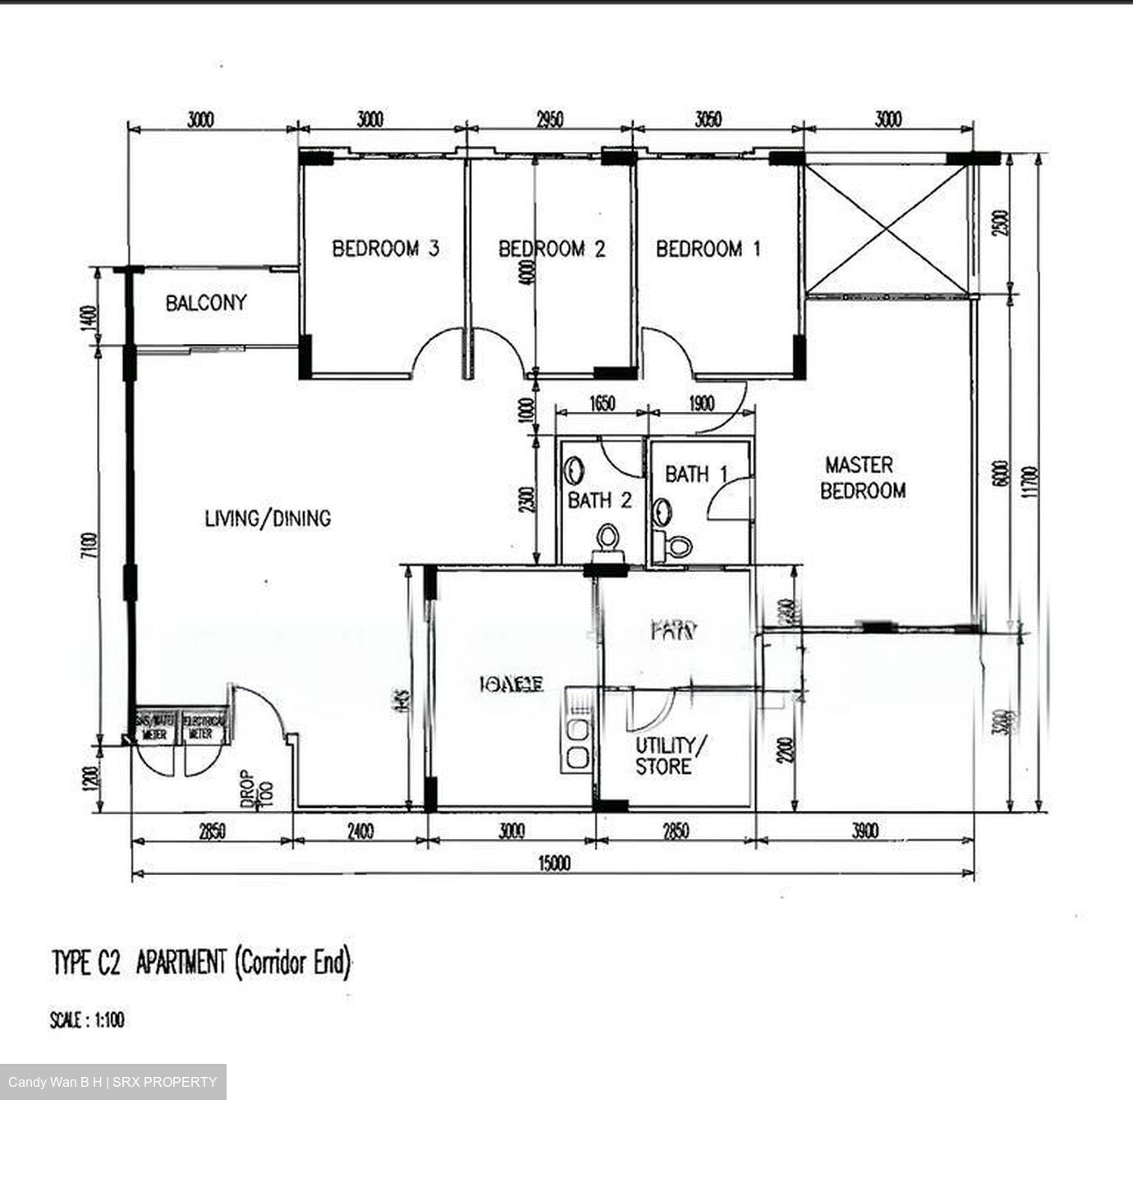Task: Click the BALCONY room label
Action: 205,303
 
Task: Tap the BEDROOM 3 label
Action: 385,248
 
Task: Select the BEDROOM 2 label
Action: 552,248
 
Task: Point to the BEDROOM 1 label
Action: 708,248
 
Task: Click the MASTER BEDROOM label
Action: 862,478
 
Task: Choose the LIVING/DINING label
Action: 268,518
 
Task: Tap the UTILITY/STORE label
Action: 670,756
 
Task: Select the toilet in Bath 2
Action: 608,543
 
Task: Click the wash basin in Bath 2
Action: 575,471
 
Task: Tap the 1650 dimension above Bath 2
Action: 602,404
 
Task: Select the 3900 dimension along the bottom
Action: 864,832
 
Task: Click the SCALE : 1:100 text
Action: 87,1020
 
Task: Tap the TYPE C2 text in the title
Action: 86,963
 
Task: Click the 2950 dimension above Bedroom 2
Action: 549,120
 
